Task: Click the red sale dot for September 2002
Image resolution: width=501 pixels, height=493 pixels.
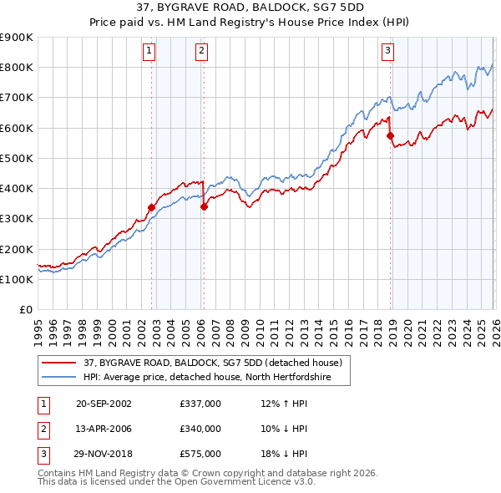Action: [x=151, y=207]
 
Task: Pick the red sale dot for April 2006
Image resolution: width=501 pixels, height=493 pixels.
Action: [x=204, y=206]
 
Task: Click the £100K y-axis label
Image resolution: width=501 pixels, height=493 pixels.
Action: [x=17, y=279]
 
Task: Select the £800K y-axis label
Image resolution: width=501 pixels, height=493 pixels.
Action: [x=17, y=67]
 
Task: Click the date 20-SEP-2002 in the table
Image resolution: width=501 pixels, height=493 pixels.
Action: [x=104, y=403]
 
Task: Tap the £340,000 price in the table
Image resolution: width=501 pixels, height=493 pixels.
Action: [x=200, y=429]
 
